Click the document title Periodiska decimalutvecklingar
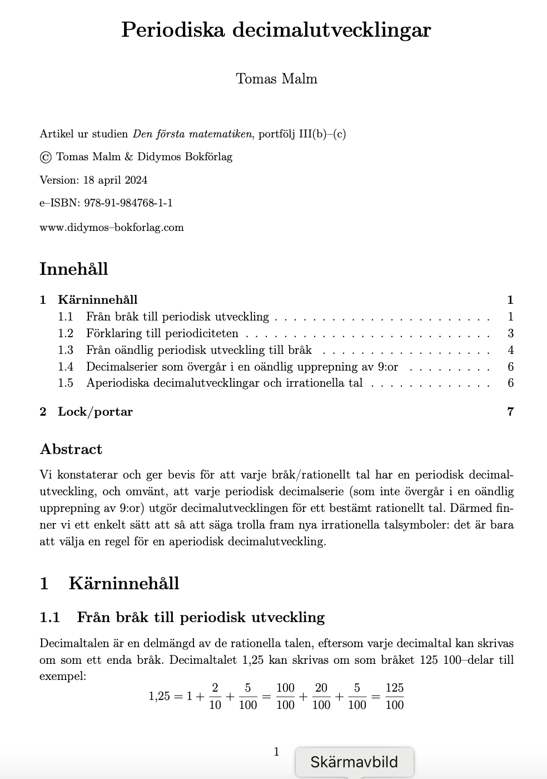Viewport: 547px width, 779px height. click(x=276, y=29)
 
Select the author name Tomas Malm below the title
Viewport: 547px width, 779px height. click(x=276, y=78)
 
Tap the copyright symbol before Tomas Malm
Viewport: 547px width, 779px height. click(x=46, y=157)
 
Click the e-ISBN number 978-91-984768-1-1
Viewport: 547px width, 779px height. click(x=128, y=203)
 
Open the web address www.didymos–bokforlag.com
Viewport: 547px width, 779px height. click(x=111, y=227)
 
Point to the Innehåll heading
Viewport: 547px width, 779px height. click(x=73, y=269)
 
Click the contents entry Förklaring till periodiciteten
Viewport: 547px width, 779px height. click(x=162, y=333)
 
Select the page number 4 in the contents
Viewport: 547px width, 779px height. click(x=510, y=350)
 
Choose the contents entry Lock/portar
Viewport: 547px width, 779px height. click(x=95, y=412)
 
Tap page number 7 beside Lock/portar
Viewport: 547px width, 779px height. click(x=510, y=412)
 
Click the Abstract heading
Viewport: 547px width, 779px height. click(x=71, y=449)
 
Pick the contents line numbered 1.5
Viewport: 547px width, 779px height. click(x=224, y=383)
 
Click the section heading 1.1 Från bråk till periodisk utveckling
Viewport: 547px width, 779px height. click(x=182, y=617)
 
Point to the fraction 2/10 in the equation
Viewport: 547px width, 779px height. click(x=215, y=696)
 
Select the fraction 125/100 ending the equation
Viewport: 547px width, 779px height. click(x=394, y=696)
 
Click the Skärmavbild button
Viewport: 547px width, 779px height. click(x=354, y=762)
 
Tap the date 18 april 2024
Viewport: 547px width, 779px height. click(x=115, y=180)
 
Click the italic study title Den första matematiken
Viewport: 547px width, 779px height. click(x=192, y=134)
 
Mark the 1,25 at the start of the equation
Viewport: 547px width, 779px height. click(x=159, y=696)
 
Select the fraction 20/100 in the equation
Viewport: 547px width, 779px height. click(x=321, y=696)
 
